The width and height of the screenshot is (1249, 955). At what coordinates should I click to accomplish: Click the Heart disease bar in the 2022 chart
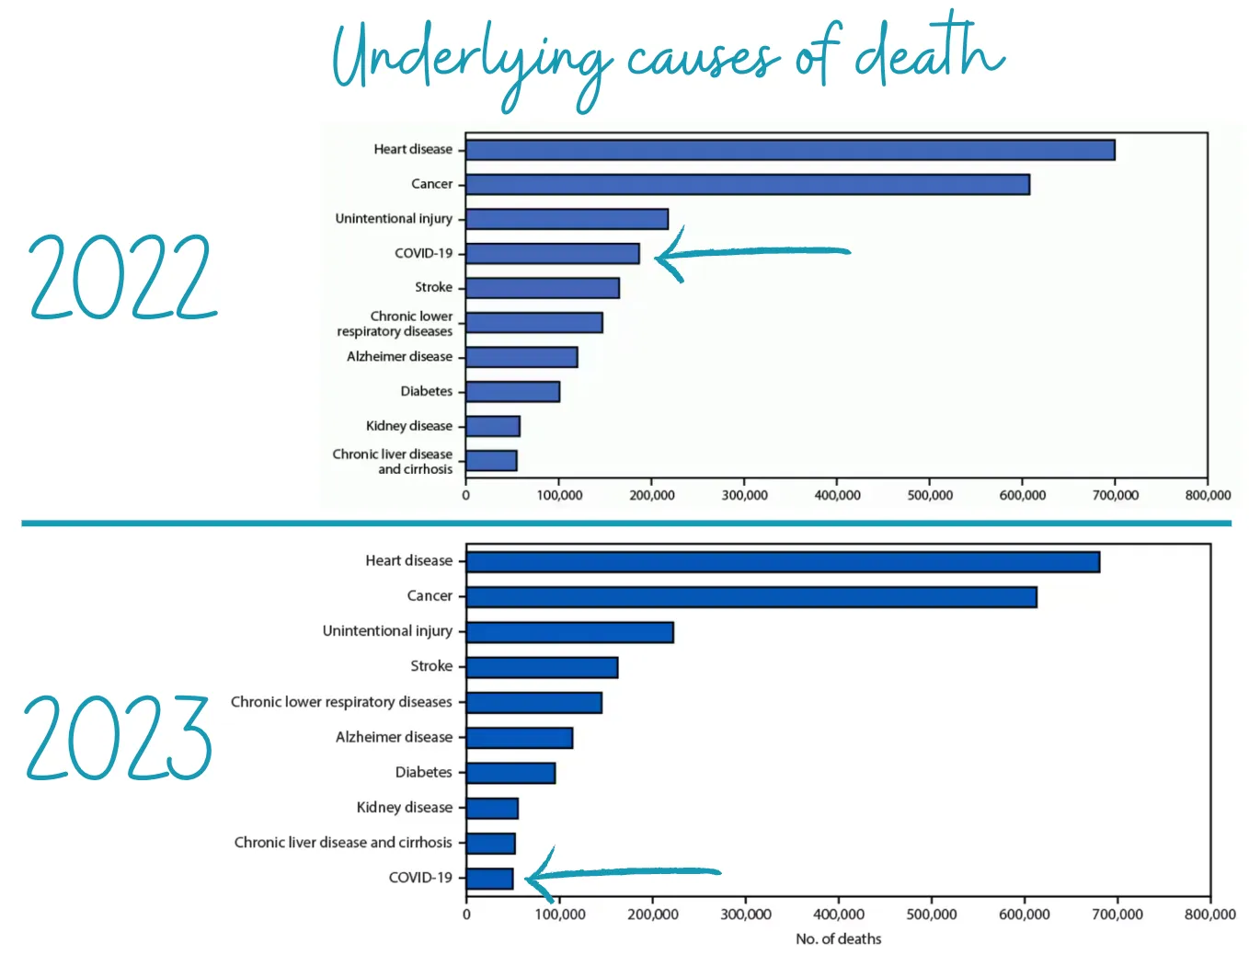tap(789, 150)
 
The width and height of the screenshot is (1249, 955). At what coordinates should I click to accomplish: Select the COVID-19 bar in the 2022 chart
tap(552, 253)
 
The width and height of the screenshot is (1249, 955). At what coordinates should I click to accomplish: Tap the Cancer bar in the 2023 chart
tap(751, 597)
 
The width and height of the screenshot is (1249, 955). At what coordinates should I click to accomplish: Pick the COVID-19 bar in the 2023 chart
tap(489, 879)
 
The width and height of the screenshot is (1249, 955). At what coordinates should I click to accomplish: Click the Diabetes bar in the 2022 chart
tap(512, 392)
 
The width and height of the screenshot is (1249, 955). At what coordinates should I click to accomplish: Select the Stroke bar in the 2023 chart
tap(542, 667)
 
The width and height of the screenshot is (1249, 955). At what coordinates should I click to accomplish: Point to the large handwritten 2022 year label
tap(122, 277)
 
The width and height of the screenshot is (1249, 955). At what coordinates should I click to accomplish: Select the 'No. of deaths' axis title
tap(838, 938)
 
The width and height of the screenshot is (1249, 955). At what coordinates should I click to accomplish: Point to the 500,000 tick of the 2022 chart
tap(930, 495)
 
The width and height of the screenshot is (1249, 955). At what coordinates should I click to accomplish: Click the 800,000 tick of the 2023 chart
tap(1209, 914)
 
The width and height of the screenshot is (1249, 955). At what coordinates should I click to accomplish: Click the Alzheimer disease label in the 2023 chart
tap(394, 737)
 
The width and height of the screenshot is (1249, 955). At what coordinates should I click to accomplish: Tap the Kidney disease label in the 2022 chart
tap(409, 426)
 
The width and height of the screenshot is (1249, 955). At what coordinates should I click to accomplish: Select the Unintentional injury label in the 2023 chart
tap(387, 631)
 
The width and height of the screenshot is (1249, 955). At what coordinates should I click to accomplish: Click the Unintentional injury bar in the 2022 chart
tap(567, 219)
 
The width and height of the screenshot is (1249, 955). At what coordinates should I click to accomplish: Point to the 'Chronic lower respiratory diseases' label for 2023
tap(341, 702)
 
